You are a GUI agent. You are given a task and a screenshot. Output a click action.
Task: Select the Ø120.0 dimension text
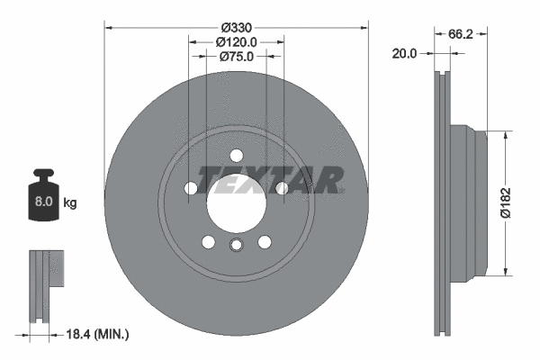tap(237, 40)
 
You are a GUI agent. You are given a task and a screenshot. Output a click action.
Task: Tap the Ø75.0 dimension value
tap(237, 55)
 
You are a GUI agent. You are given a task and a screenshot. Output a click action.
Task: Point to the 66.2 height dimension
tap(461, 33)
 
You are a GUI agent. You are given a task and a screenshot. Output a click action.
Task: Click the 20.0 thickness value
tap(406, 53)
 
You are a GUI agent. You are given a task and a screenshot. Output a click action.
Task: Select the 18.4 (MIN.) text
tap(100, 334)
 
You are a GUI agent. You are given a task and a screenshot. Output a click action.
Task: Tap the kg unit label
tap(69, 203)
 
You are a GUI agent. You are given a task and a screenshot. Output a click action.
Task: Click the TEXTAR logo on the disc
tap(270, 180)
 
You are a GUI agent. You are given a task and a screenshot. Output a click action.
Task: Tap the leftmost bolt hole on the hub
tap(192, 188)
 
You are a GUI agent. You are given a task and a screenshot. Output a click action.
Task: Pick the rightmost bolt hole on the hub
tap(281, 188)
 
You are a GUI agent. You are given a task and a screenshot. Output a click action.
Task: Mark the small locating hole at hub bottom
tap(236, 247)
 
